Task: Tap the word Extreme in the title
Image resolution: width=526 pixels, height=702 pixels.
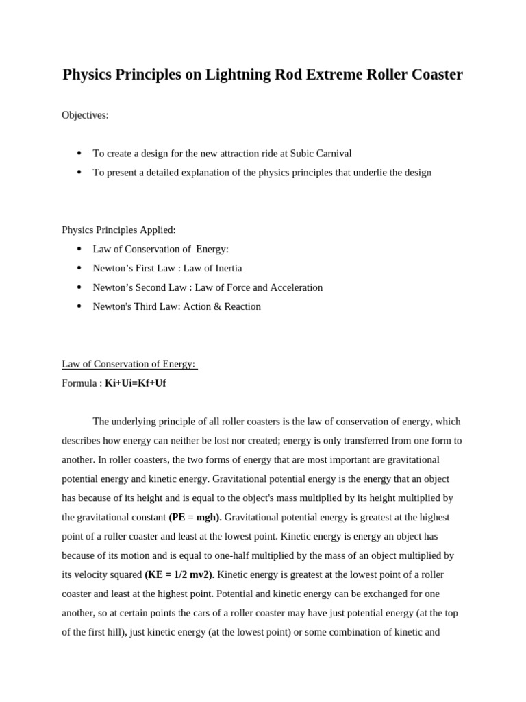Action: pos(333,75)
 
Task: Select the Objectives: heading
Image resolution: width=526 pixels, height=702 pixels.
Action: pos(85,115)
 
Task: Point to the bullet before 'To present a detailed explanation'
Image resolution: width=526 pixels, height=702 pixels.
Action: pos(79,172)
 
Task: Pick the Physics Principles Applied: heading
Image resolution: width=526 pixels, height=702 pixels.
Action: pos(118,230)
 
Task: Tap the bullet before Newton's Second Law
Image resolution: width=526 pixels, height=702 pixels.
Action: pos(79,287)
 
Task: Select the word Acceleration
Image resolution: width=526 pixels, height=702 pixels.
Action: pos(294,287)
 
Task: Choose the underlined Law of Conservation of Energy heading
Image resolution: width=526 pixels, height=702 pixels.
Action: pos(129,364)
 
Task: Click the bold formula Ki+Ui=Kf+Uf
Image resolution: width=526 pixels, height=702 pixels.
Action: pos(135,383)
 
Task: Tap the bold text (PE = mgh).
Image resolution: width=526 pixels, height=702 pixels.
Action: pos(195,517)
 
